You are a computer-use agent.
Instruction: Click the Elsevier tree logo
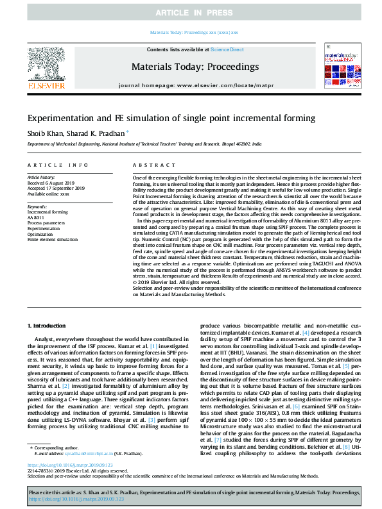tap(46, 63)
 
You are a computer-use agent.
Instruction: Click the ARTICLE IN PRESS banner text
tap(191, 12)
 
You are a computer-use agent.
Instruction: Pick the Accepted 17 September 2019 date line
tap(56, 188)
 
